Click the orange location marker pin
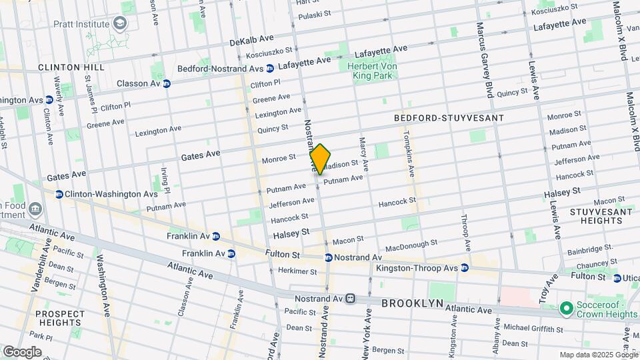point(320,159)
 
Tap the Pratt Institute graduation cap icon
point(120,25)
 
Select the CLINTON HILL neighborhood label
point(71,68)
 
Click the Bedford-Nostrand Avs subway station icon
point(270,68)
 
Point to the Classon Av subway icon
point(167,83)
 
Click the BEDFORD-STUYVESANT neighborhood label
point(448,117)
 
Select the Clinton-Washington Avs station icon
point(59,194)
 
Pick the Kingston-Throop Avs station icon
point(465,268)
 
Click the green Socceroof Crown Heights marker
point(566,308)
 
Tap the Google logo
point(22,352)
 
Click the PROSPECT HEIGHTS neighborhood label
point(60,318)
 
